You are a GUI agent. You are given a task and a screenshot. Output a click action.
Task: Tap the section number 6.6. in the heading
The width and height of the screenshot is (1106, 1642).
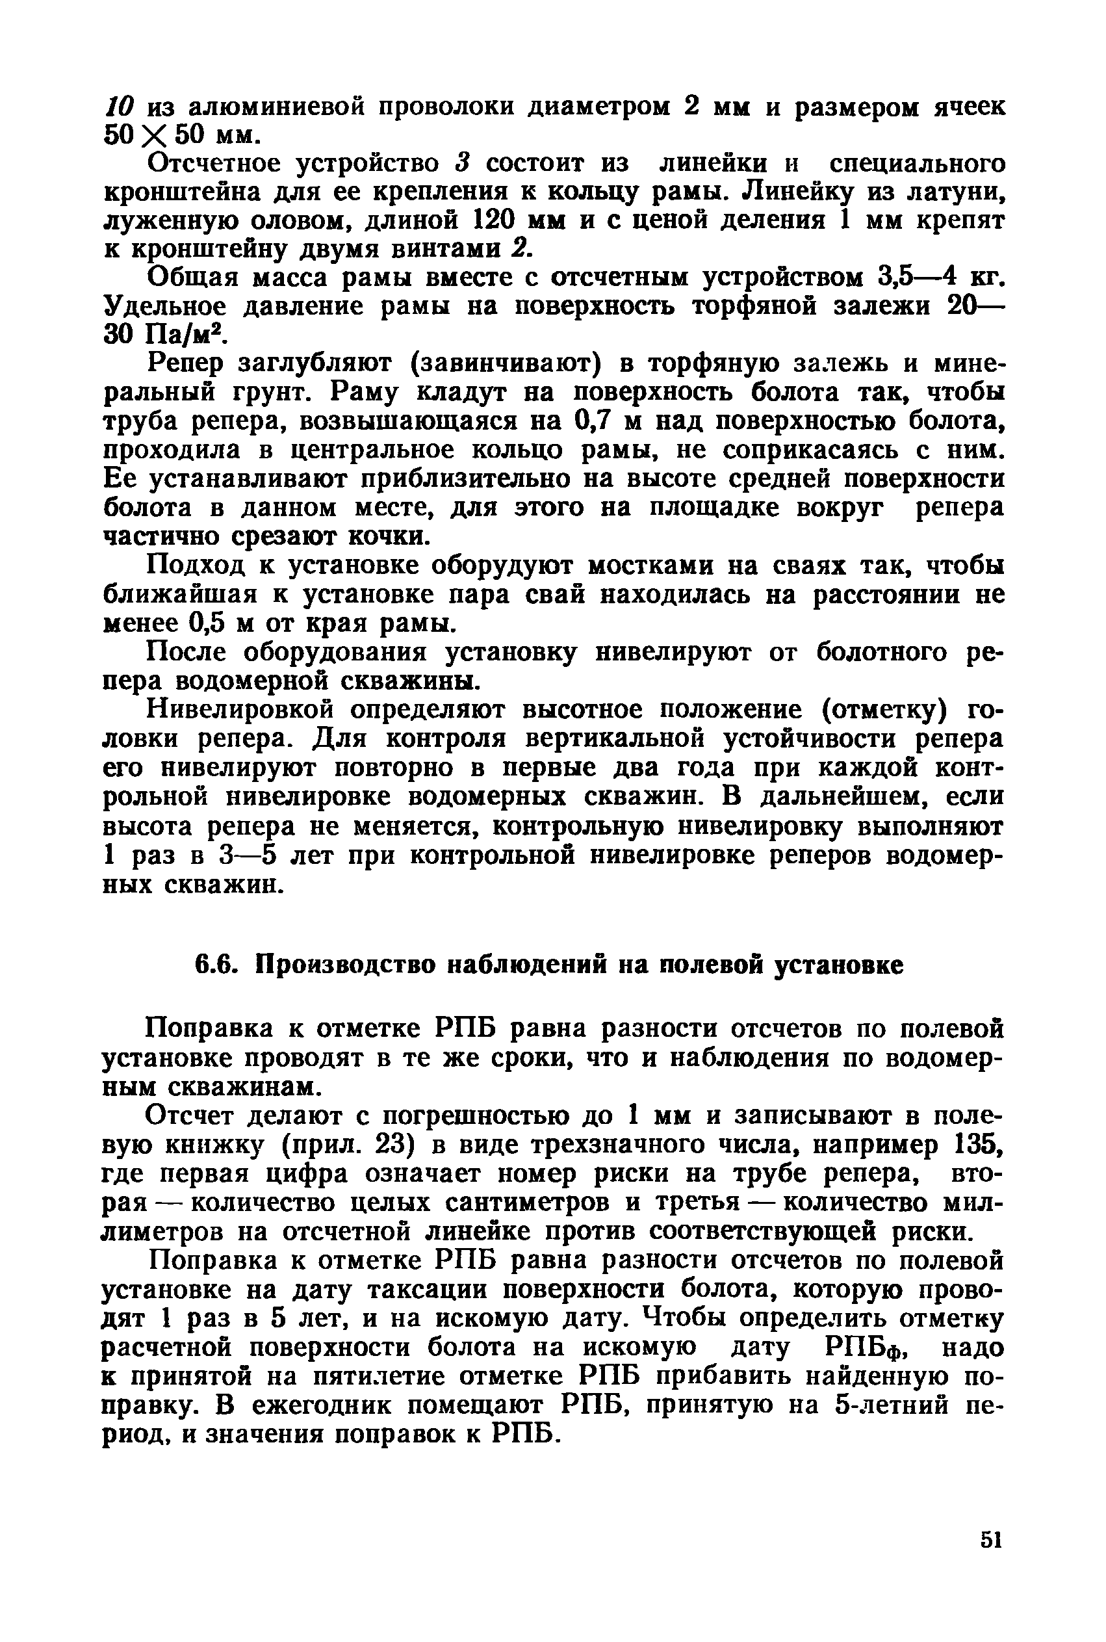(x=215, y=964)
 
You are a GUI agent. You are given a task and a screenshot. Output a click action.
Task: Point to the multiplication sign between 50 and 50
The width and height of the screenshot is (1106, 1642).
(x=148, y=135)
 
